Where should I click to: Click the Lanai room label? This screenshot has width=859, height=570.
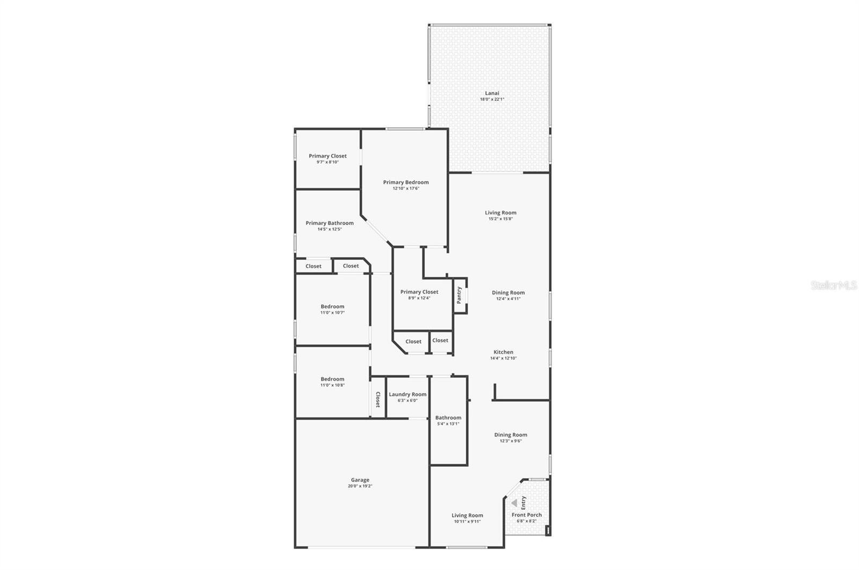pos(492,93)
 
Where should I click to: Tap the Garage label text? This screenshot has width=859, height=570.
pos(360,480)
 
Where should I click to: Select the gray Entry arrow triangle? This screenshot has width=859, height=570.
pos(514,503)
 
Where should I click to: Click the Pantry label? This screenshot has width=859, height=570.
pos(459,295)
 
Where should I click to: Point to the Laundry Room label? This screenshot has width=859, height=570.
pos(407,394)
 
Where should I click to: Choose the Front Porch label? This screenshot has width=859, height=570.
pos(526,515)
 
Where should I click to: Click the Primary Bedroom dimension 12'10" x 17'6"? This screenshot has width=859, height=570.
pos(406,189)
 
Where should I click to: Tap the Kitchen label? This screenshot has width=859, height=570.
pos(503,352)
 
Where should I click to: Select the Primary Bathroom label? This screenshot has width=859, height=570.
pos(330,223)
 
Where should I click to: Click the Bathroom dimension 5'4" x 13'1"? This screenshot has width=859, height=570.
pos(448,424)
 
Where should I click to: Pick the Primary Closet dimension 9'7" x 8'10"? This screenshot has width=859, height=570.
pos(327,162)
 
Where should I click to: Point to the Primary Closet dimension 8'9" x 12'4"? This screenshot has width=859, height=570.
pos(419,298)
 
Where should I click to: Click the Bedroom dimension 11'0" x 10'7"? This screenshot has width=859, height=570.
pos(332,313)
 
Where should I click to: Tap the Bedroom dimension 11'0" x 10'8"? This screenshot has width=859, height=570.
pos(332,385)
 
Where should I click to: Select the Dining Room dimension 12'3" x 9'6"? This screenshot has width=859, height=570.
pos(511,441)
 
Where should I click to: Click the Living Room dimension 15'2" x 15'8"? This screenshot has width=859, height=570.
pos(500,219)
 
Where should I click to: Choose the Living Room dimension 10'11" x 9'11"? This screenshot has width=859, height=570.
pos(467,521)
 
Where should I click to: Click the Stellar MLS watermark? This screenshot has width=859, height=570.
pos(833,286)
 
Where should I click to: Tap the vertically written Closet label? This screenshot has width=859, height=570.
pos(378,399)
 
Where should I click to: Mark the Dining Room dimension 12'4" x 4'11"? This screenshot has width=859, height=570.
pos(508,299)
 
